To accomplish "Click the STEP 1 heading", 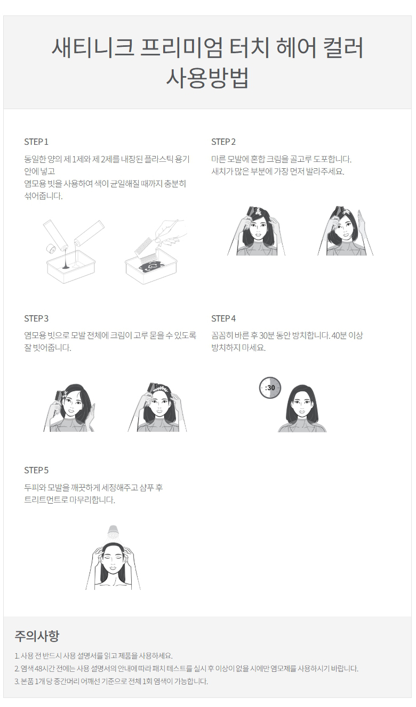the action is [x=36, y=142].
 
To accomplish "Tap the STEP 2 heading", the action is [x=223, y=142].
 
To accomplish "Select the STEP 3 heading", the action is [x=36, y=318].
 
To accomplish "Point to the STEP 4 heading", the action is [x=223, y=318].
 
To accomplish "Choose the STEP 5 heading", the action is [x=36, y=470].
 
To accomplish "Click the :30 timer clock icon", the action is [x=270, y=388].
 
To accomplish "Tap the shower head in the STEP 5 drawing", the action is [x=113, y=533].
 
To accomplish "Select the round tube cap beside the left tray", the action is [x=50, y=249].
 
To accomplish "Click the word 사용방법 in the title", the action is [x=207, y=78].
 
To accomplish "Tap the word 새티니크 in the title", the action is [x=93, y=47].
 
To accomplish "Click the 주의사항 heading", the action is [x=37, y=636].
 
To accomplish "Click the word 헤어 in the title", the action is [x=296, y=47].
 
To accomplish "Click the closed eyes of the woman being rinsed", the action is [x=113, y=558].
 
